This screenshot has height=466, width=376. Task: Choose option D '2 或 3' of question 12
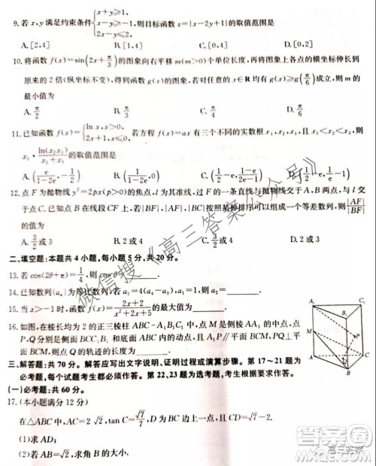304,239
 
